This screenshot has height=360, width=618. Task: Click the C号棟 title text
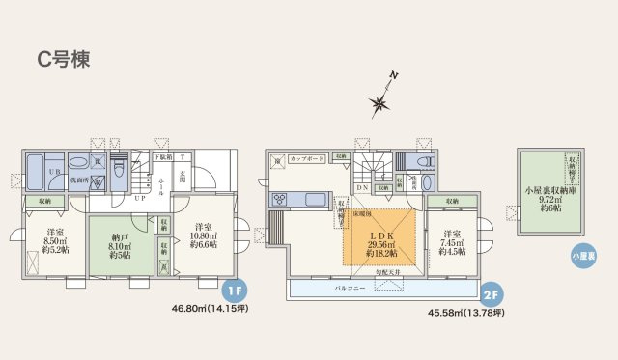point(64,59)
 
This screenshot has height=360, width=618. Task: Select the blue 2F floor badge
point(491,291)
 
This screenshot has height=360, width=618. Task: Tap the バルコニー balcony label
point(350,288)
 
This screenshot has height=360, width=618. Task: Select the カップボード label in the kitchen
point(304,156)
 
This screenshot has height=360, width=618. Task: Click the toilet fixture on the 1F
point(118,172)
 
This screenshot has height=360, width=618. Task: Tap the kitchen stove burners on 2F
point(278,200)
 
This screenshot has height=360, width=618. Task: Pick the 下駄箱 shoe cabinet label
point(165,156)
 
